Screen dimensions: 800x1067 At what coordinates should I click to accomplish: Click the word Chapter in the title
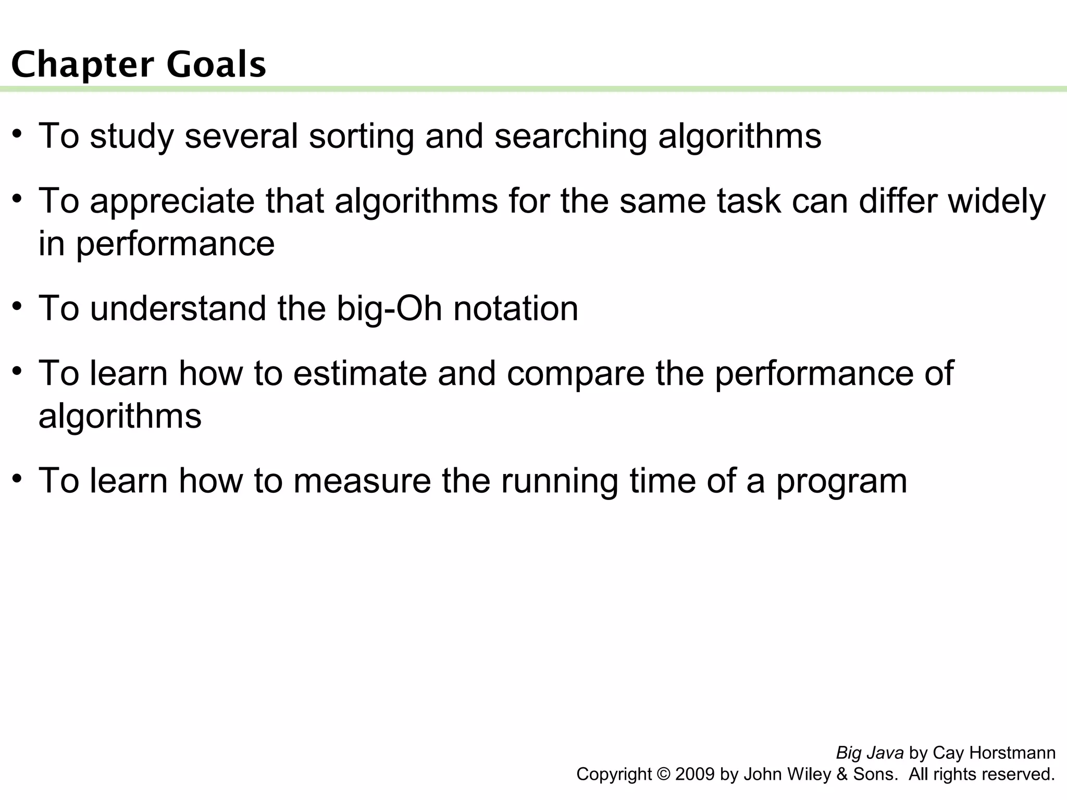82,65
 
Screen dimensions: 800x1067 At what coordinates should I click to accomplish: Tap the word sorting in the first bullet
361,136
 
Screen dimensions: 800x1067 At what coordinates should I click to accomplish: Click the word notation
515,308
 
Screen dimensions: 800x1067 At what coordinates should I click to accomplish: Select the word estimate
359,373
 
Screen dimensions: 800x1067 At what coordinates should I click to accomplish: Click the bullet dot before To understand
17,305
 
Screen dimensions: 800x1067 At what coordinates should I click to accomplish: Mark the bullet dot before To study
17,133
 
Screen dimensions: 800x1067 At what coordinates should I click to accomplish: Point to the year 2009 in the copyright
695,774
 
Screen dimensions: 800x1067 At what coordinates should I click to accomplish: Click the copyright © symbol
663,774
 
